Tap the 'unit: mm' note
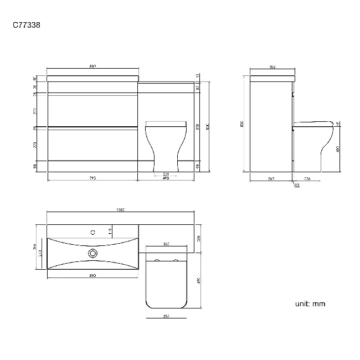(x=310, y=304)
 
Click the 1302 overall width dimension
(x=120, y=209)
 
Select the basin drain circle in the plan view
(x=92, y=254)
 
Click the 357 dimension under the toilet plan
(x=166, y=316)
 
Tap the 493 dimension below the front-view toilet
(x=166, y=178)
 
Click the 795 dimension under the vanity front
(x=92, y=178)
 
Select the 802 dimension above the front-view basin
(x=92, y=66)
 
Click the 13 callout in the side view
(x=297, y=185)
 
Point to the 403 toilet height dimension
(x=338, y=148)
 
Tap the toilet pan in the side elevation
(x=313, y=144)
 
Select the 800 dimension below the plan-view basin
(x=92, y=275)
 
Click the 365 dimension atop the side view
(x=272, y=67)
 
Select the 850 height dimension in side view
(x=242, y=125)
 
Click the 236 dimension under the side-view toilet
(x=307, y=178)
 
